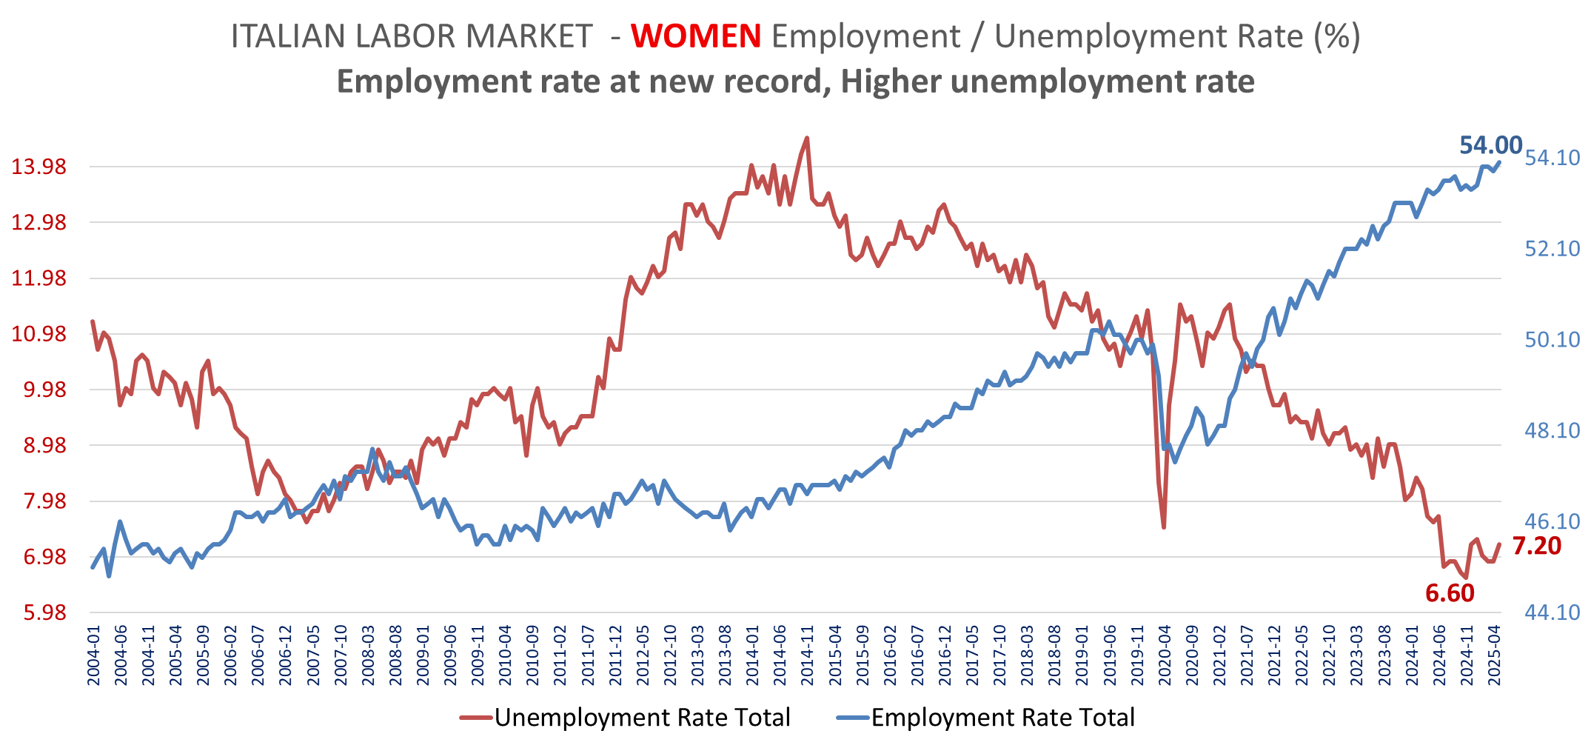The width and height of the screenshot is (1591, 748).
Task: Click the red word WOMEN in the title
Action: pos(696,36)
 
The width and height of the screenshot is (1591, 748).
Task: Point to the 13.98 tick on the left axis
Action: pos(38,167)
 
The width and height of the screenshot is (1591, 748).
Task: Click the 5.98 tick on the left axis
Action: pos(44,612)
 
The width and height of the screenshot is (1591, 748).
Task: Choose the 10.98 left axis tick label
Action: pos(38,334)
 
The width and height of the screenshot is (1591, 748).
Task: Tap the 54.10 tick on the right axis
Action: pos(1552,158)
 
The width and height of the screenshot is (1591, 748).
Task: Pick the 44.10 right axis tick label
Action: pos(1552,612)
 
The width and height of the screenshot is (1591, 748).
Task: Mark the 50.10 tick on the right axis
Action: pos(1552,339)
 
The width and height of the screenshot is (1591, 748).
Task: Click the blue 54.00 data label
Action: pos(1490,145)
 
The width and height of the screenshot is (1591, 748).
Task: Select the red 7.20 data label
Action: pos(1536,546)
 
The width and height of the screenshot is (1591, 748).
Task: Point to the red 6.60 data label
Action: pos(1450,593)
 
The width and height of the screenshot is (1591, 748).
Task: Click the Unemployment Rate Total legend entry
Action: pos(641,717)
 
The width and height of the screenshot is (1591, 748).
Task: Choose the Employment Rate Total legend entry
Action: pos(1002,717)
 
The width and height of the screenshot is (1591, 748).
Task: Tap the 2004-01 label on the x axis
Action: pos(94,656)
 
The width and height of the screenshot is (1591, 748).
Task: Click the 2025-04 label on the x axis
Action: pos(1495,656)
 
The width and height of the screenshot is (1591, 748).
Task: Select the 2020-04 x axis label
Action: pos(1165,656)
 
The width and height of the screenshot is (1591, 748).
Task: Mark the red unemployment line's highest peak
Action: pos(807,138)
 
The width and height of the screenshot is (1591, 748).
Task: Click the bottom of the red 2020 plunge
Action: pos(1165,527)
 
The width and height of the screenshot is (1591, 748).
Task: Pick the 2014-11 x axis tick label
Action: pos(807,656)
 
